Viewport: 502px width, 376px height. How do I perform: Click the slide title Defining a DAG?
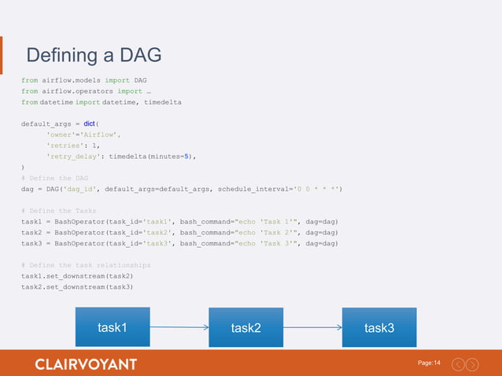[94, 56]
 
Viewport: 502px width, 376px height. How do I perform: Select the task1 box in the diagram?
[112, 326]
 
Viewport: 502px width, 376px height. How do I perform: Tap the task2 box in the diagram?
[245, 327]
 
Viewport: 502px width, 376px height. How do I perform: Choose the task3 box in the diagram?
[379, 327]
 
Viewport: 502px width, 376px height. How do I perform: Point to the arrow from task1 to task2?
[179, 326]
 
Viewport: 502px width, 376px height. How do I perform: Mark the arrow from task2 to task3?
[312, 327]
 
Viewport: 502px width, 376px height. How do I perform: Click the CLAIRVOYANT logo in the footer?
[86, 364]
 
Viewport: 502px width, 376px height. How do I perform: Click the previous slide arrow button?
[457, 364]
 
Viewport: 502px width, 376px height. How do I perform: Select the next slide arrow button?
[472, 364]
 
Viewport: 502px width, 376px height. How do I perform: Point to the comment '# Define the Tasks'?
[58, 211]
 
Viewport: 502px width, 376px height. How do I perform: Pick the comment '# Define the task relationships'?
[86, 265]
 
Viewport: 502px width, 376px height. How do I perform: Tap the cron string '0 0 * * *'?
[316, 190]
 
